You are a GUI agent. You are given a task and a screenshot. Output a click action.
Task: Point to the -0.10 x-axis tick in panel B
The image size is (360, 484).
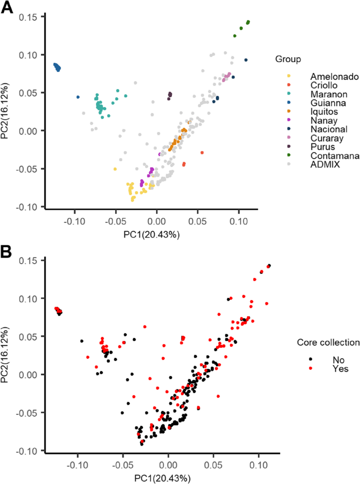(x=78, y=466)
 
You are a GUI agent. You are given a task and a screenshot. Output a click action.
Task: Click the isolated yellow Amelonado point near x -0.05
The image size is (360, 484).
(x=115, y=169)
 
